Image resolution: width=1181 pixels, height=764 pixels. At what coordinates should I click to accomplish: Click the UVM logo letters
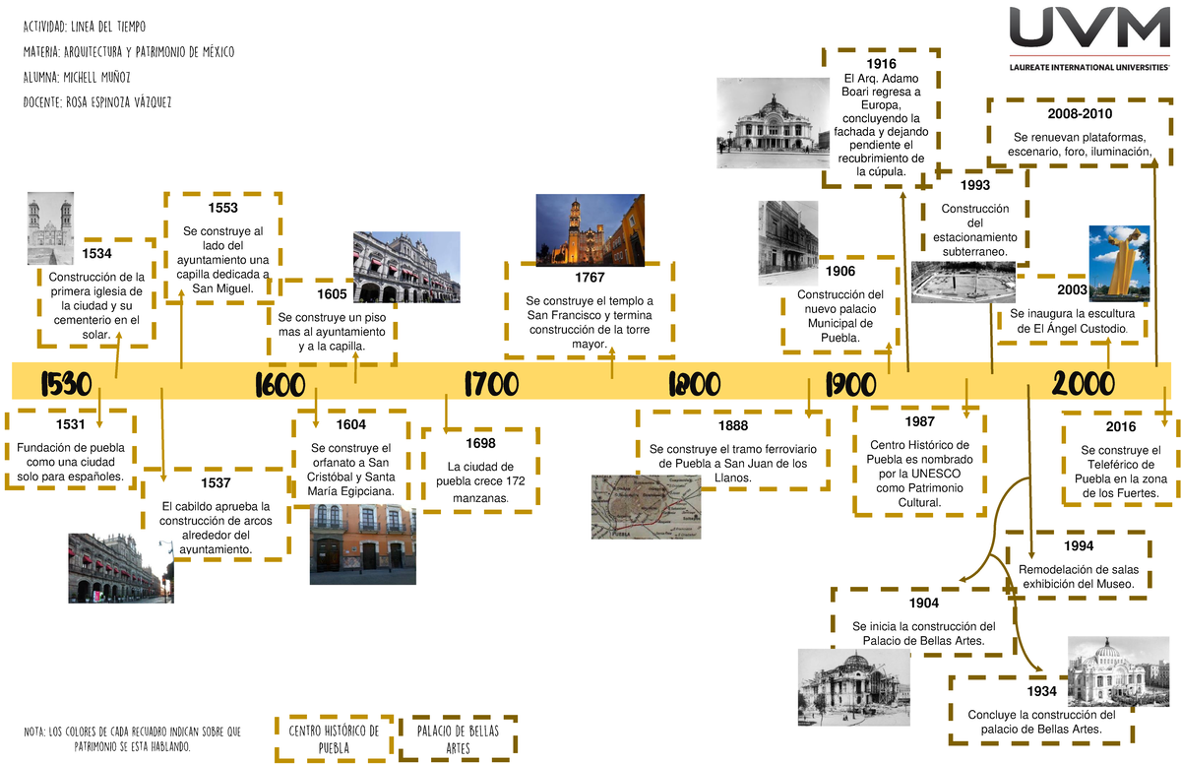1089,27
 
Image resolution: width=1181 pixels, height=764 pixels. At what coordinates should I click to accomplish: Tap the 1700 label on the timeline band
491,384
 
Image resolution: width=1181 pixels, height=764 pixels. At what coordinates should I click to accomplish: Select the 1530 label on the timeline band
67,384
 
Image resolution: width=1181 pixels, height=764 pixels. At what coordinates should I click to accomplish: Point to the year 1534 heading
97,254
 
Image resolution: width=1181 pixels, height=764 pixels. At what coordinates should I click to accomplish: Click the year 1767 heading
590,278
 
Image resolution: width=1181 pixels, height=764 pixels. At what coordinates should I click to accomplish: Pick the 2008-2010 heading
1080,114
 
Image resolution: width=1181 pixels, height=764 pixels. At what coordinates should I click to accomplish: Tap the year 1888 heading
733,425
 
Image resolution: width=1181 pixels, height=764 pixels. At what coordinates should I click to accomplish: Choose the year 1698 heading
480,443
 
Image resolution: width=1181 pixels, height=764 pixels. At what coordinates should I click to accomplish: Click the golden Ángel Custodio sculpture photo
1119,264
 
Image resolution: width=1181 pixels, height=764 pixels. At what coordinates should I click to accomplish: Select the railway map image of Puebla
647,507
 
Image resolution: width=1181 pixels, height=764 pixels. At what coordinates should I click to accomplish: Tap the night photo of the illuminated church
590,229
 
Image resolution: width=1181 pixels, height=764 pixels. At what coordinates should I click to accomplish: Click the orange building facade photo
363,544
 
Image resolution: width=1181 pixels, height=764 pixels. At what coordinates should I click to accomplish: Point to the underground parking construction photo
963,283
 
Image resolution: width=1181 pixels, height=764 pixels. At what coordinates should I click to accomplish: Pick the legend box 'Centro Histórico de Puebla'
335,738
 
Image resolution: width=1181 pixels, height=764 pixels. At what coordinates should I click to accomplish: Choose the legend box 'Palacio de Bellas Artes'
458,738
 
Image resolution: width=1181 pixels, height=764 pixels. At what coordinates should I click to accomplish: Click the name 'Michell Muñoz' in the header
96,78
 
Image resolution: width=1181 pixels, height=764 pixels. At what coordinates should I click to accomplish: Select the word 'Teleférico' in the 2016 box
1121,465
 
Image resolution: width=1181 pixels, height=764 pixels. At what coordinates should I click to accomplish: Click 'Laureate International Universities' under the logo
1089,68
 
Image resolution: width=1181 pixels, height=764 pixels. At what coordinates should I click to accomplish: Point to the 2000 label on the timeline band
1084,384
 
